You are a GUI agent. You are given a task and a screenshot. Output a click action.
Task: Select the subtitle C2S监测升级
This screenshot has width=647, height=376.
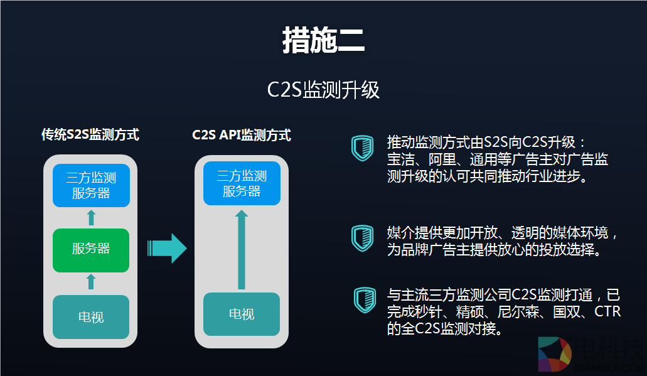(x=323, y=90)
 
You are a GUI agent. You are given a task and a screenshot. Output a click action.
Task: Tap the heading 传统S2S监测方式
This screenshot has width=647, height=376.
(x=90, y=135)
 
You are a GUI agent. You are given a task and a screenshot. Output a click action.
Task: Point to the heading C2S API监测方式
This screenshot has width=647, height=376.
(x=242, y=135)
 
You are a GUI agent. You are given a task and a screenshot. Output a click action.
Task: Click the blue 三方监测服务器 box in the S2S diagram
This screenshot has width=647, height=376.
(x=91, y=186)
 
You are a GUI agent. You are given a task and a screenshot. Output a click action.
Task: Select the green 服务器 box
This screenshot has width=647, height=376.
(x=91, y=249)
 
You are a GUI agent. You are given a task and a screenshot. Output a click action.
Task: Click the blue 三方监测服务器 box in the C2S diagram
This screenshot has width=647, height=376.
(x=242, y=184)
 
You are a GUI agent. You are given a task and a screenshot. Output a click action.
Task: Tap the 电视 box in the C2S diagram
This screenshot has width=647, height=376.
(x=242, y=313)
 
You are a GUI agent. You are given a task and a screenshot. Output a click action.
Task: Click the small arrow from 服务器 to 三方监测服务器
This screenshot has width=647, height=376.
(x=91, y=218)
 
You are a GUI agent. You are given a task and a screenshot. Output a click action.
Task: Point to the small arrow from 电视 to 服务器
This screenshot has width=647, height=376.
(x=91, y=281)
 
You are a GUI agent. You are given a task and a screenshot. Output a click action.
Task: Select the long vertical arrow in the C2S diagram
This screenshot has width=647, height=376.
(x=242, y=249)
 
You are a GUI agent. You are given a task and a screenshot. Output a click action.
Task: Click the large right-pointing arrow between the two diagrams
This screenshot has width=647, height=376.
(x=167, y=249)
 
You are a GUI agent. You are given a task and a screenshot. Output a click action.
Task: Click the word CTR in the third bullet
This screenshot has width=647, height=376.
(x=607, y=311)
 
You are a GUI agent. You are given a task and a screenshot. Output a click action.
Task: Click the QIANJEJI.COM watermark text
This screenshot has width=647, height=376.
(x=607, y=369)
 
